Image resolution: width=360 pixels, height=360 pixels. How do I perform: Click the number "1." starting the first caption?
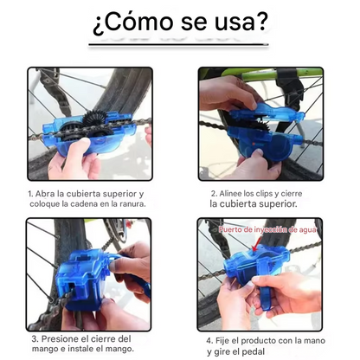(x=30, y=194)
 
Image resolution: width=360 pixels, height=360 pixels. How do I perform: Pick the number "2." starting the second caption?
(x=213, y=194)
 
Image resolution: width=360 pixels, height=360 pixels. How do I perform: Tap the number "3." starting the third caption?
(x=34, y=339)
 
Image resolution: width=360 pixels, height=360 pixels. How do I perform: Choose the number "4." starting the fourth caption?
(x=209, y=340)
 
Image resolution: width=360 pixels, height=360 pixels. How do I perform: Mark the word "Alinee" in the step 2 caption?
(x=233, y=194)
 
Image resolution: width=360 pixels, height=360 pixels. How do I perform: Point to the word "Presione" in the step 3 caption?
(x=59, y=339)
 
